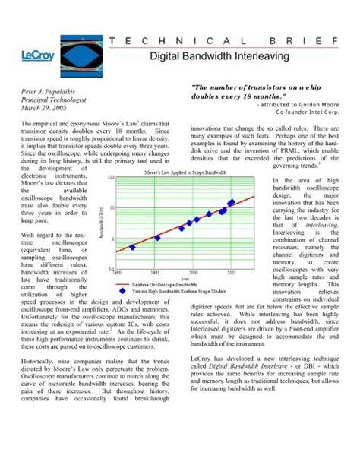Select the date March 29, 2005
pyautogui.click(x=41, y=109)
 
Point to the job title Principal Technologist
pyautogui.click(x=53, y=100)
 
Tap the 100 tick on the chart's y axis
pyautogui.click(x=112, y=178)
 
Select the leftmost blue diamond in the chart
pyautogui.click(x=132, y=247)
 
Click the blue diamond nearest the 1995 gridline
pyautogui.click(x=157, y=238)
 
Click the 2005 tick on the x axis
pyautogui.click(x=232, y=271)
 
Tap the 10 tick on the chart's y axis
pyautogui.click(x=112, y=208)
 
